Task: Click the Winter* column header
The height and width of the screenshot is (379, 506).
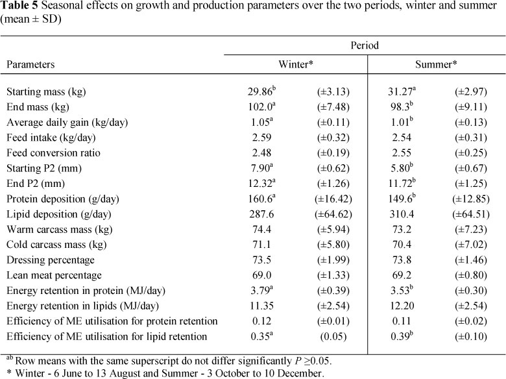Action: point(296,65)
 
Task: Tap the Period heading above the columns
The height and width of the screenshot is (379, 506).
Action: point(365,46)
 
